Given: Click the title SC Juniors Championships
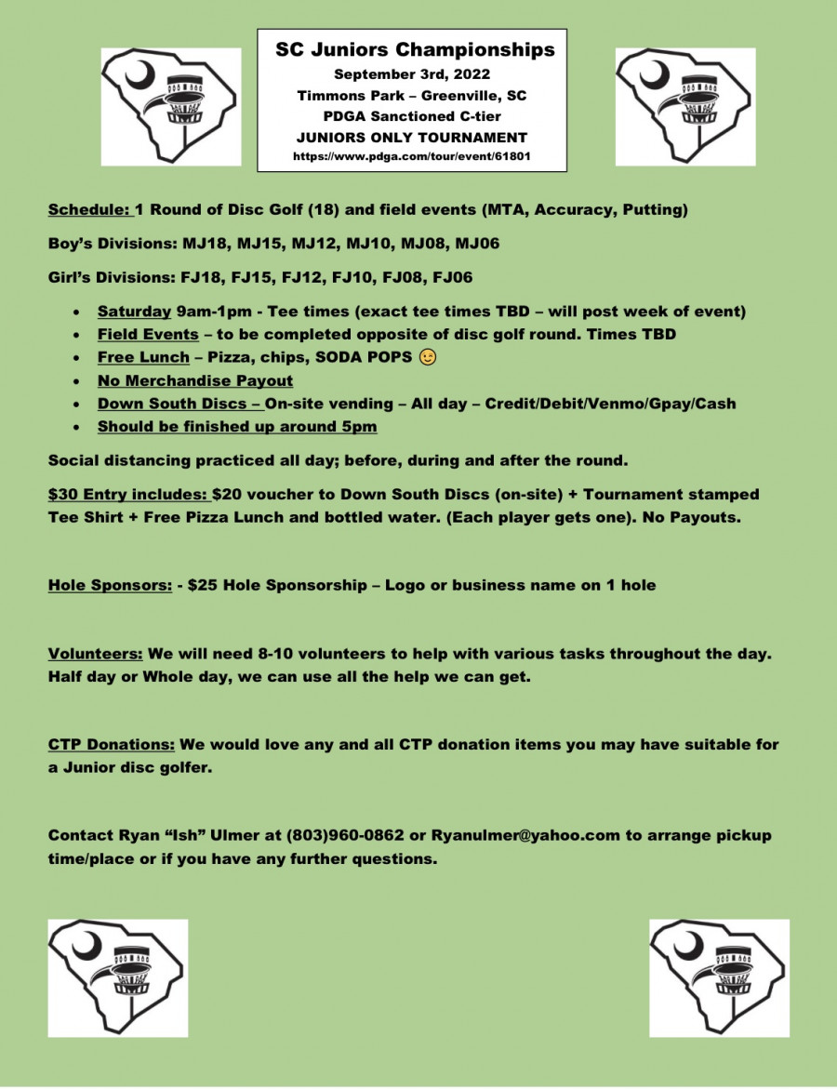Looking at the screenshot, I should click(x=415, y=50).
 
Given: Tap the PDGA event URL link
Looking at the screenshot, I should click(x=412, y=157).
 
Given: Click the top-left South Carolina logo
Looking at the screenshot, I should click(x=171, y=107).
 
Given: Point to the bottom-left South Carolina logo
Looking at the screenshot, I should click(x=118, y=977).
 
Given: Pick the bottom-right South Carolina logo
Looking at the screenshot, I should click(x=719, y=977).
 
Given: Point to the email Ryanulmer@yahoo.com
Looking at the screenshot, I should click(x=525, y=835).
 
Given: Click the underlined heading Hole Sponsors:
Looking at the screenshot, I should click(x=110, y=586).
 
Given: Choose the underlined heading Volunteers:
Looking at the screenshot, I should click(x=96, y=654).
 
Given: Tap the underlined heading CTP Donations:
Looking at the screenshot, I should click(x=112, y=745).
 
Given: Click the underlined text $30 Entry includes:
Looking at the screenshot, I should click(x=127, y=495).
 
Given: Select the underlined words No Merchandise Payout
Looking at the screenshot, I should click(x=195, y=380).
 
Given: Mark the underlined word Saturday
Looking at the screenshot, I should click(x=134, y=311).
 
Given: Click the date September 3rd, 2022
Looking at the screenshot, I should click(x=412, y=73).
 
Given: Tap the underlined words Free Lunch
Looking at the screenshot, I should click(x=143, y=357).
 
